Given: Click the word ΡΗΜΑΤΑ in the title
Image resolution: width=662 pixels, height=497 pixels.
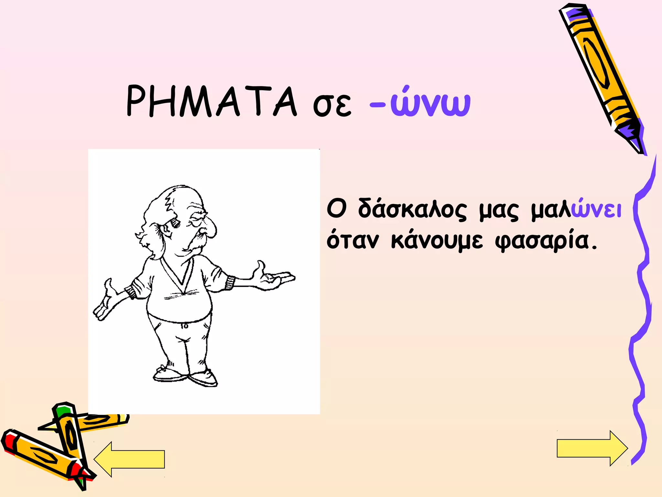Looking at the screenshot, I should click(212, 101).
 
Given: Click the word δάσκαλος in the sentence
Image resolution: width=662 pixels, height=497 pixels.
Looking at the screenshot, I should click(412, 210).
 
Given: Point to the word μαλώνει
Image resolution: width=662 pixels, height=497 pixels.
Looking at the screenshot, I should click(576, 210).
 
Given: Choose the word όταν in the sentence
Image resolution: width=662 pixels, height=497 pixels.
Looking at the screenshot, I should click(352, 241).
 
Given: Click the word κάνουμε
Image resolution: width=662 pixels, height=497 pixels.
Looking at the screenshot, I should click(437, 241).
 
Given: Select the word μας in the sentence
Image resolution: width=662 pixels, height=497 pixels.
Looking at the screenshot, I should click(499, 211).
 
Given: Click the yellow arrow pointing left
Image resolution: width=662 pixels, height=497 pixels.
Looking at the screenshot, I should click(129, 459).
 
